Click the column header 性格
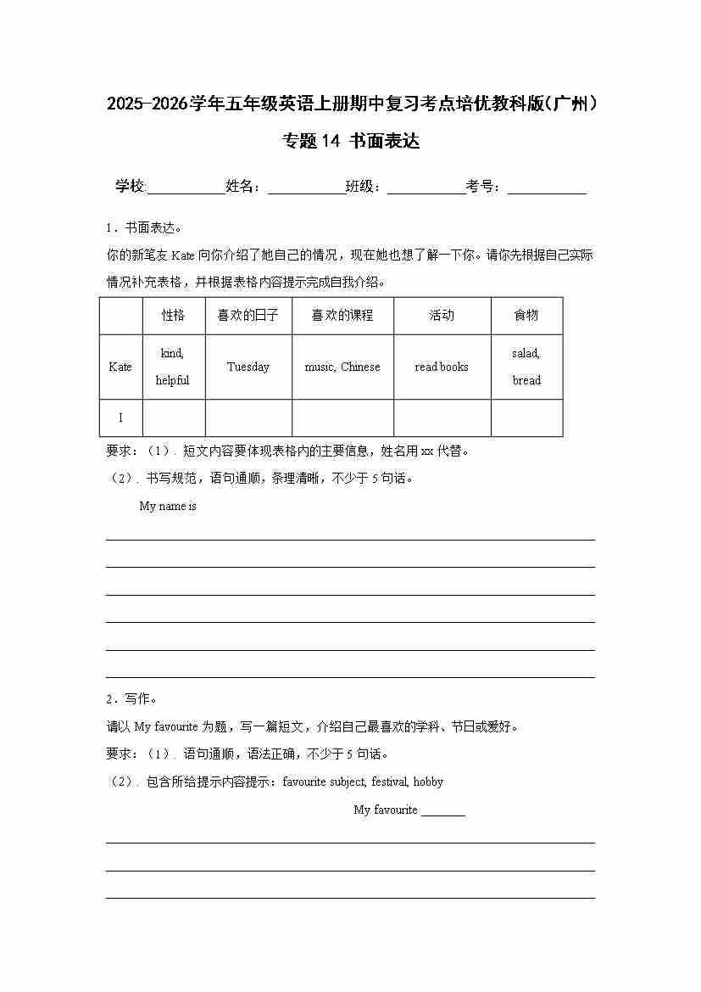coord(173,316)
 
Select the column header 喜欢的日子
coord(248,316)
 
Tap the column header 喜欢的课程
coord(342,316)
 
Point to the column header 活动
coord(442,316)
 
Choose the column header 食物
coord(526,316)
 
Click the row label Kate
coord(120,367)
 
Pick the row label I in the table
coord(120,418)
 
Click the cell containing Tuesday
coord(248,367)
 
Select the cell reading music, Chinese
coord(342,367)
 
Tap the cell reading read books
coord(442,367)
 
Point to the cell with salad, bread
coord(526,367)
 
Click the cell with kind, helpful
coord(173,367)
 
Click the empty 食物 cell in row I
coord(526,418)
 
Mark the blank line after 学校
coord(186,189)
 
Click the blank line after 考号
coord(547,189)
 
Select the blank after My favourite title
coord(443,811)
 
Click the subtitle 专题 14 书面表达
coord(351,142)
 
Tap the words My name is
coord(168,507)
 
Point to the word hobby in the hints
coord(428,782)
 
